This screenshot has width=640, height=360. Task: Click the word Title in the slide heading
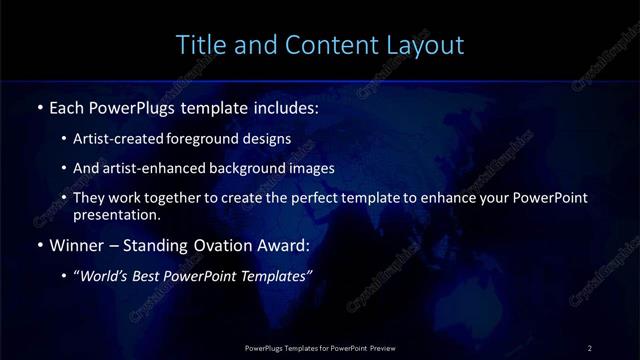tap(200, 45)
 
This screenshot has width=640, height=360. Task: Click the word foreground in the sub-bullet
tap(214, 138)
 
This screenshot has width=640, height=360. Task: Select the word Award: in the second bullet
tap(284, 245)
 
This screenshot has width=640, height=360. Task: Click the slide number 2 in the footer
tap(590, 347)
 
